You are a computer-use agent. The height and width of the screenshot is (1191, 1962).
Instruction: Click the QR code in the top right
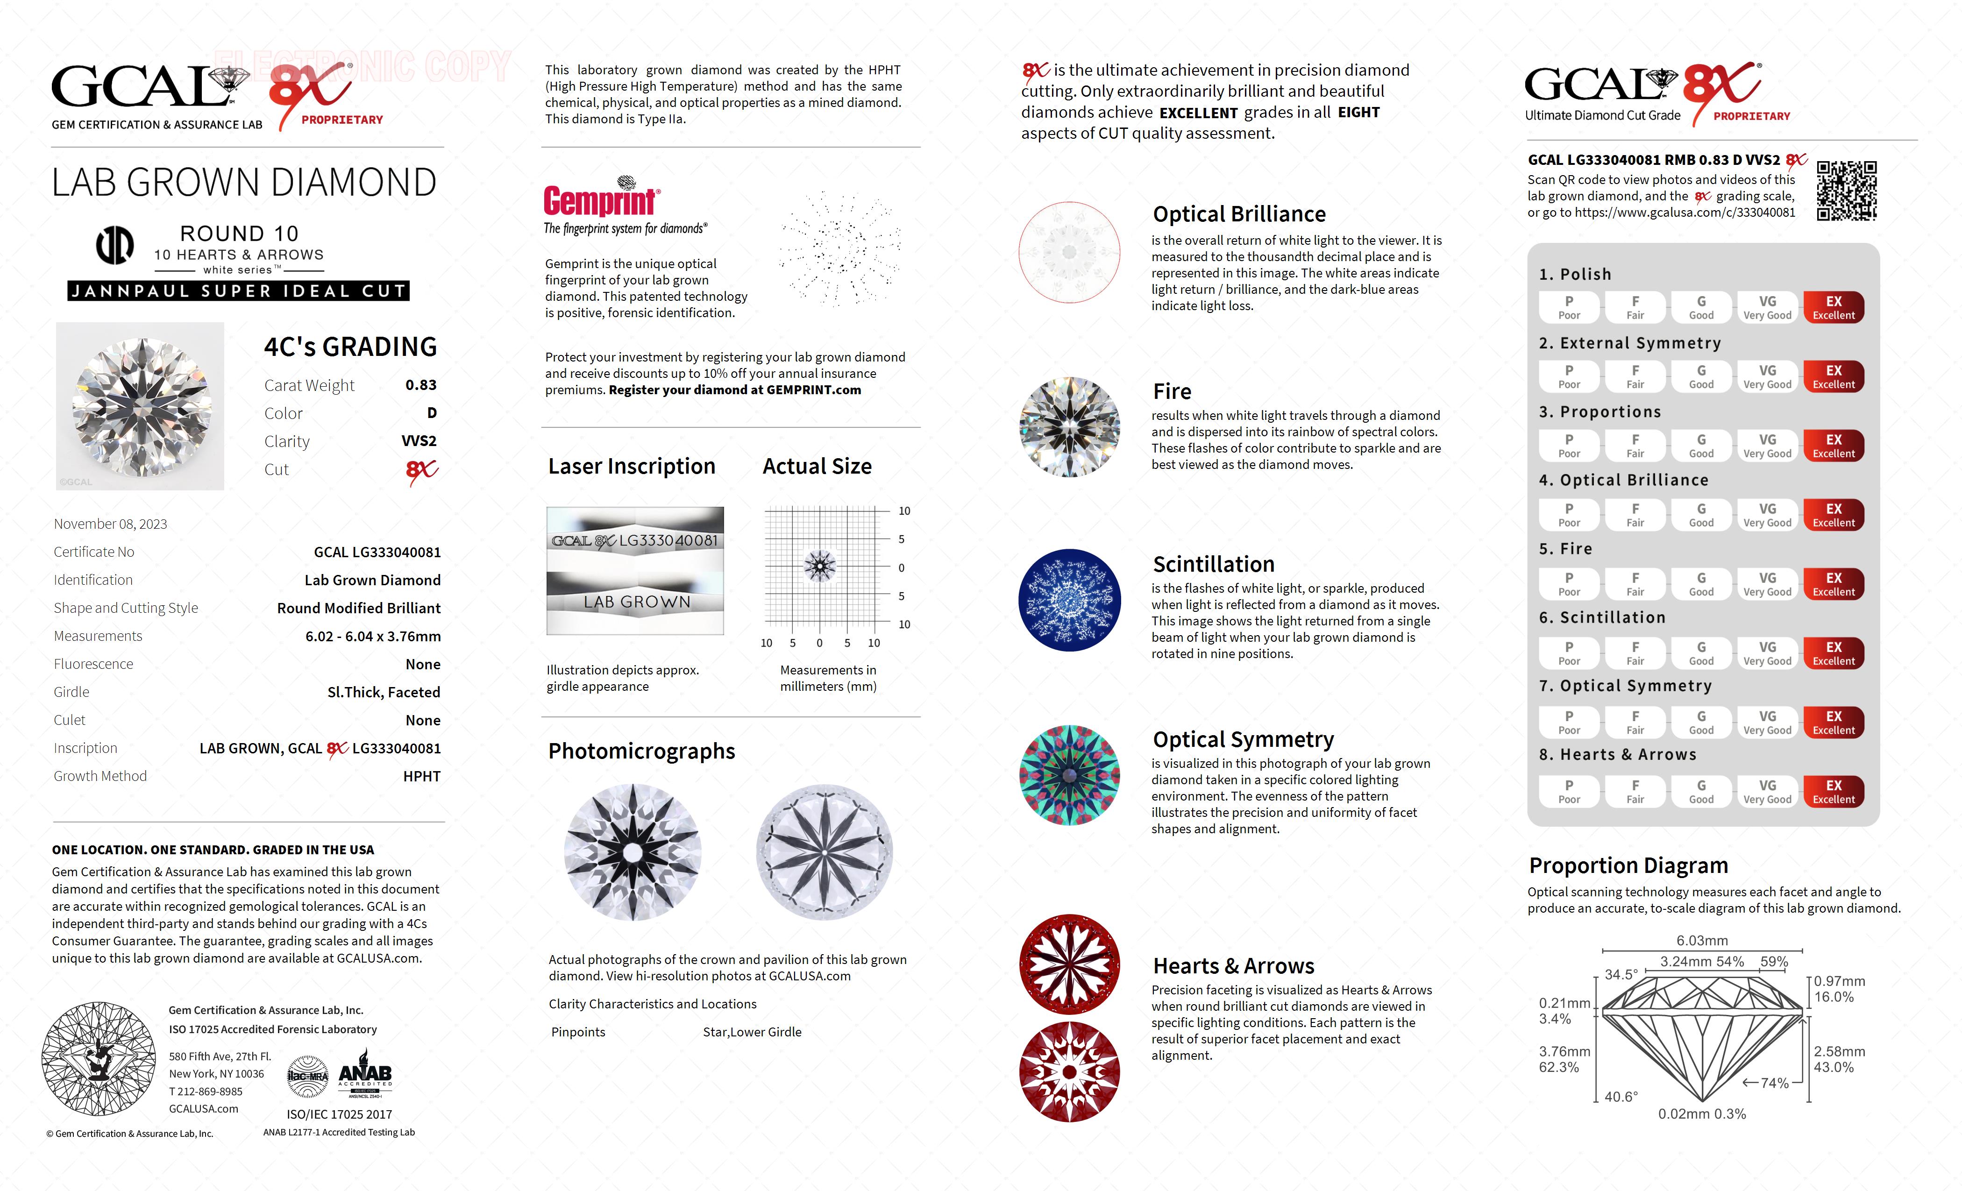point(1847,191)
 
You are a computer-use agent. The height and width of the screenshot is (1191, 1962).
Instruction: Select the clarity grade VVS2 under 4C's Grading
point(419,441)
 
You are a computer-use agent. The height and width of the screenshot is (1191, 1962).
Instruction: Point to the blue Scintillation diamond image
point(1069,600)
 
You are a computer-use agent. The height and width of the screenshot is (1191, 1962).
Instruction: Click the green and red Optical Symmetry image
point(1069,775)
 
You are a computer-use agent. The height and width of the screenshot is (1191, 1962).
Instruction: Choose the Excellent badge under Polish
point(1833,307)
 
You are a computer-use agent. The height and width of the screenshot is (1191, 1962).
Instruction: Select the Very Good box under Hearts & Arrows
point(1767,791)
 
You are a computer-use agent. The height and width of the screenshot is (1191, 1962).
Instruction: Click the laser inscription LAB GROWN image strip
point(635,603)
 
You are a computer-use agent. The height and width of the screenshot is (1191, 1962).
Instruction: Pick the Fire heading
point(1172,392)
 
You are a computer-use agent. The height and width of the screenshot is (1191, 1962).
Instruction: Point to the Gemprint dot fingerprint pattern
point(840,248)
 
